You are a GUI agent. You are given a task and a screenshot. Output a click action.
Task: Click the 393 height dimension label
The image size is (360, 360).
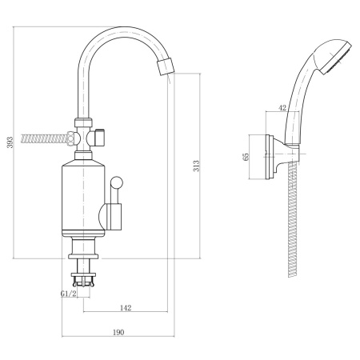point(10,142)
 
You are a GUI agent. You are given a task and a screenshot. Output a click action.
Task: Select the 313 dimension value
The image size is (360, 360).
point(196,166)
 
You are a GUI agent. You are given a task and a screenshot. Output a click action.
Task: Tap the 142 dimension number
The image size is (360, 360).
point(126,308)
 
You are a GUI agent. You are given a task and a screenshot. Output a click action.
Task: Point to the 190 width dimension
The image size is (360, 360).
point(118,332)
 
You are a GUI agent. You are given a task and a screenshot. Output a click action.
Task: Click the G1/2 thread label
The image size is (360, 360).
point(69,294)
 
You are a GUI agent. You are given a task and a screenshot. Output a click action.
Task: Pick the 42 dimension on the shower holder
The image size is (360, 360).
point(282,108)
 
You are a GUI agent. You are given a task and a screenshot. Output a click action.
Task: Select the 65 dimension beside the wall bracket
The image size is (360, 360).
point(246,157)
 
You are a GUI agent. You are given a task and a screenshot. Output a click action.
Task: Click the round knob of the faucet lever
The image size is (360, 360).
point(117,182)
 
